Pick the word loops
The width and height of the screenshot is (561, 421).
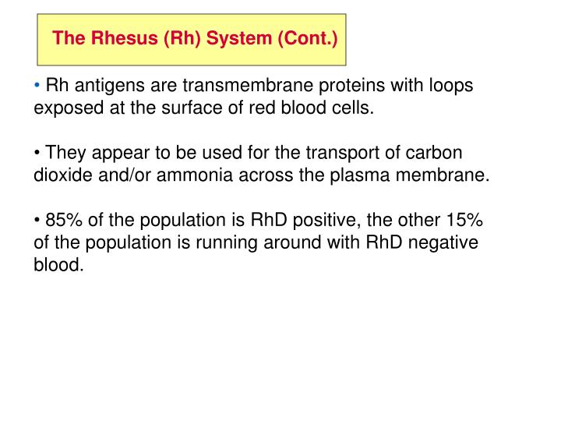pyautogui.click(x=450, y=87)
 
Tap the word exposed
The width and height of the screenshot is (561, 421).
pyautogui.click(x=65, y=108)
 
